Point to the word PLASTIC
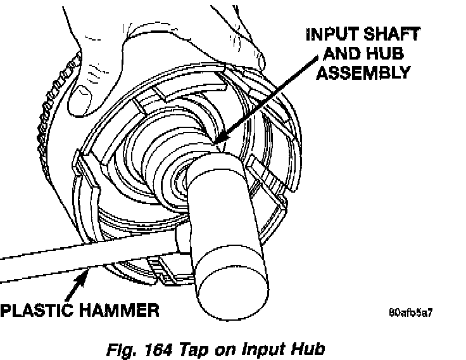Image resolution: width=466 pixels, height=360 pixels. pos(39,310)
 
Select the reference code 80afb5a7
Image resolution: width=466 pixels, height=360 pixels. pos(411,312)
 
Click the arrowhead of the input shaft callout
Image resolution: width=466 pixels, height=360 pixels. pos(218,139)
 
